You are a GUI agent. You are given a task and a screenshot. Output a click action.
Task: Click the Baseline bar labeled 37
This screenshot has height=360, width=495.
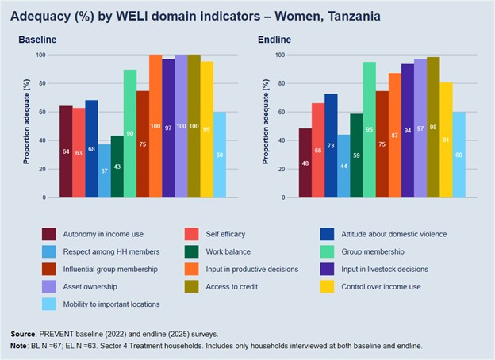click(105, 170)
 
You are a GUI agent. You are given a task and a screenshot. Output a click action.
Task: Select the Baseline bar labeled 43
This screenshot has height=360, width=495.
click(117, 167)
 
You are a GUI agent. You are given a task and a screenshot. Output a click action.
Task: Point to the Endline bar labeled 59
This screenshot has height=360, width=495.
click(356, 155)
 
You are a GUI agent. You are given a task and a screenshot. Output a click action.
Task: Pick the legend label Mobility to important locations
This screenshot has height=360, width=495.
click(112, 304)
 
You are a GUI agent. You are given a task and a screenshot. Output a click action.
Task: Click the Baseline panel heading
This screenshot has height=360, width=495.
click(37, 40)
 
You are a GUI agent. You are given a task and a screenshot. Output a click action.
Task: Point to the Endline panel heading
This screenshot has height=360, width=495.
click(274, 40)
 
